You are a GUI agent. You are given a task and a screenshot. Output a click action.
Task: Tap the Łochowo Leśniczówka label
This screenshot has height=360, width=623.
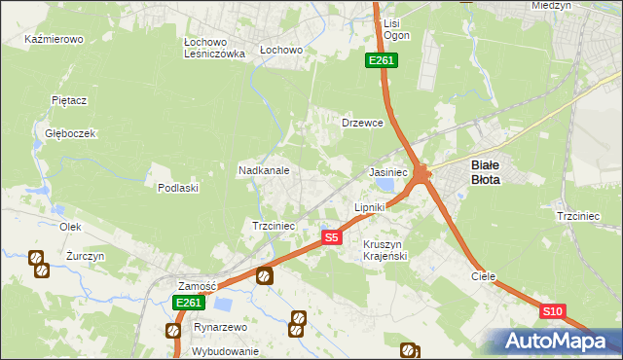[214, 48]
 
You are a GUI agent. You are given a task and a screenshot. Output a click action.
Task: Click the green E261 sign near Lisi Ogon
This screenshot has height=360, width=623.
[381, 61]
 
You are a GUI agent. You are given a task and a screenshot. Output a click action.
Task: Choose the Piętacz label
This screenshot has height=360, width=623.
[70, 100]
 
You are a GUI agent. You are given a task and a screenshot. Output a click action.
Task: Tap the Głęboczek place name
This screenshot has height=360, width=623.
[63, 133]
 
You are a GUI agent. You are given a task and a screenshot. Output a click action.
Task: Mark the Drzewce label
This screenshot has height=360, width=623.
[363, 124]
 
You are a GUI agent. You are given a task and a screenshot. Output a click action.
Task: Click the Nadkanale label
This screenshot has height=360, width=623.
[264, 170]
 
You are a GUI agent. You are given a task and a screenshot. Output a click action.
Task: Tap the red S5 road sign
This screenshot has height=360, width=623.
[332, 237]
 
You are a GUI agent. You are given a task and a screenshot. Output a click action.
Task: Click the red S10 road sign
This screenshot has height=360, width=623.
[553, 311]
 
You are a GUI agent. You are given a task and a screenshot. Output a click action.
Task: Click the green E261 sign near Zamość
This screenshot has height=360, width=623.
[189, 303]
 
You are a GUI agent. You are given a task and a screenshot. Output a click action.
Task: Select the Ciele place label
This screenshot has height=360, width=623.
[484, 276]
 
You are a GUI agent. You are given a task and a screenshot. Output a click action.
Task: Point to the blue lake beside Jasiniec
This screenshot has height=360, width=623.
[386, 183]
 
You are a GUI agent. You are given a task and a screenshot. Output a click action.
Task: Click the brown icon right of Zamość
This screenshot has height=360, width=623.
[264, 277]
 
